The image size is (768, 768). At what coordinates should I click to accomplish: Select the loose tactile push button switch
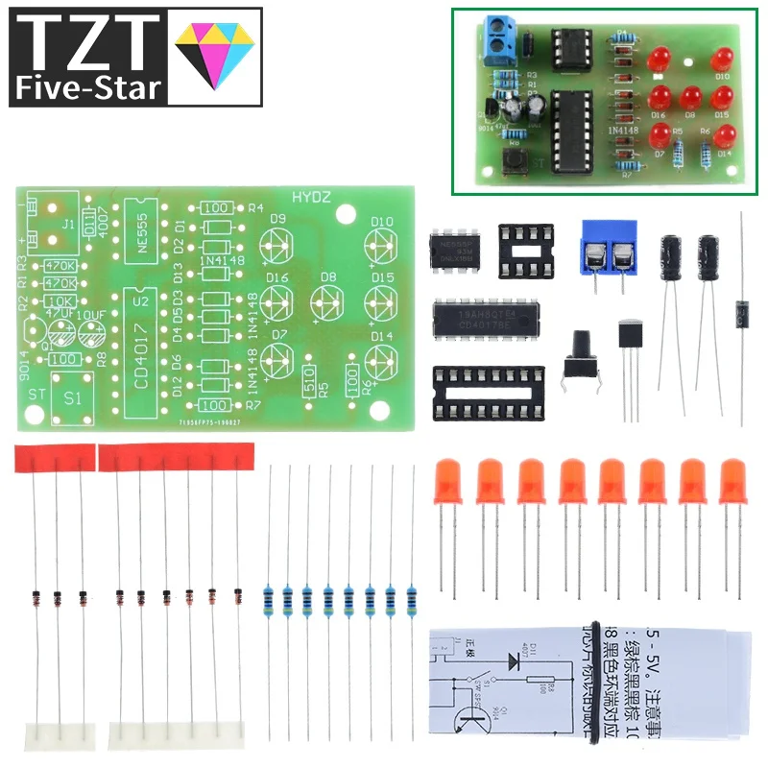(581, 354)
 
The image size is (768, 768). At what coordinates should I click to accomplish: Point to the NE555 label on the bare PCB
(141, 230)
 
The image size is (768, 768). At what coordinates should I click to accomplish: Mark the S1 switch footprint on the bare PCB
(73, 397)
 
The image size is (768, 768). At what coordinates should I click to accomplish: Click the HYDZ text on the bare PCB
(309, 197)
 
